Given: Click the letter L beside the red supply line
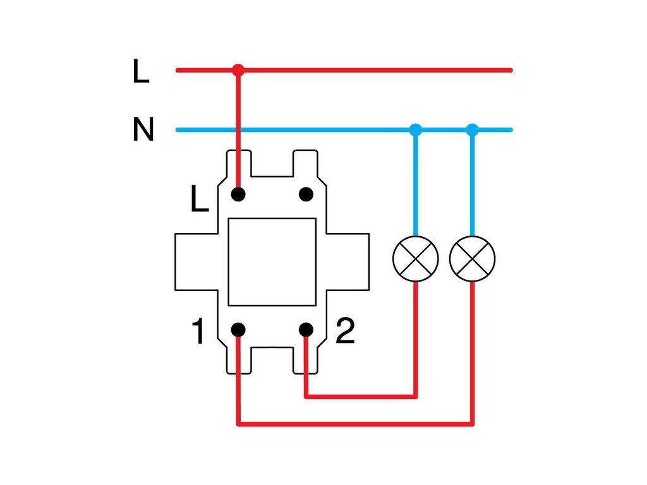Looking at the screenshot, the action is tap(141, 71).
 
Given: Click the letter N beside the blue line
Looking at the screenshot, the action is tap(143, 129).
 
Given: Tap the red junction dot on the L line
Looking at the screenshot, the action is tap(238, 70).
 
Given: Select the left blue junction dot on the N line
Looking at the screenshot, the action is tap(416, 129).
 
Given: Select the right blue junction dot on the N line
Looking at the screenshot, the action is tap(472, 129).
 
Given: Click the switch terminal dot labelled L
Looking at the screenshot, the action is tap(238, 194).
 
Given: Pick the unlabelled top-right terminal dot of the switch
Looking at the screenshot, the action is tap(306, 194).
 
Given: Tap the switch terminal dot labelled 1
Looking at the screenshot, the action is tap(238, 330).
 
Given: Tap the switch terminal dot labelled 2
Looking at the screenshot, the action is tap(306, 330).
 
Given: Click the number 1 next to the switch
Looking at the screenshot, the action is tap(198, 331).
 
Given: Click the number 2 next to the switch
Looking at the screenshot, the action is tap(345, 331).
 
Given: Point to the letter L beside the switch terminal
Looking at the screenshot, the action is tap(199, 199).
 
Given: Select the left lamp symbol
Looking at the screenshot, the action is tap(416, 258).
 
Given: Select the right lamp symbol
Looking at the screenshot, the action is tap(472, 258).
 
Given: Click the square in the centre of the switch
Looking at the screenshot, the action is tap(272, 262).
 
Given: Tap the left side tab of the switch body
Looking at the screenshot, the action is tap(197, 262).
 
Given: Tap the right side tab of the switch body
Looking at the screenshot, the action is tap(348, 262).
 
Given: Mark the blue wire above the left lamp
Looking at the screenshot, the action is tap(416, 183).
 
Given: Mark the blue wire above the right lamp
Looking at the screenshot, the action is tap(472, 183).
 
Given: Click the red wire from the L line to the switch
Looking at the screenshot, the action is tap(238, 132).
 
